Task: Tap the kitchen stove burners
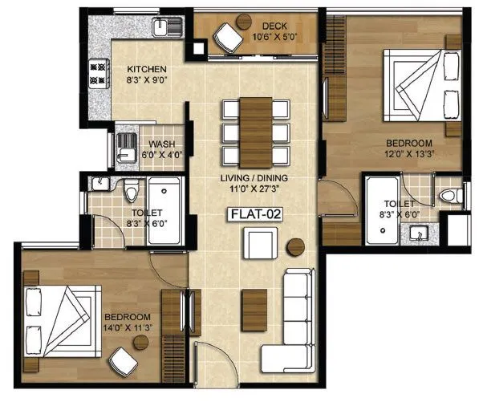coord(98,75)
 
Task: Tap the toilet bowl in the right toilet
coord(451,197)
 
